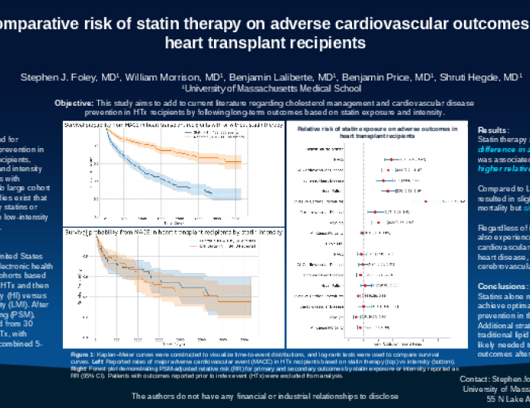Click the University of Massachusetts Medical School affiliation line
pos(264,89)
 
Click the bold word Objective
pos(75,103)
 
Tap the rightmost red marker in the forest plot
pos(426,201)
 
